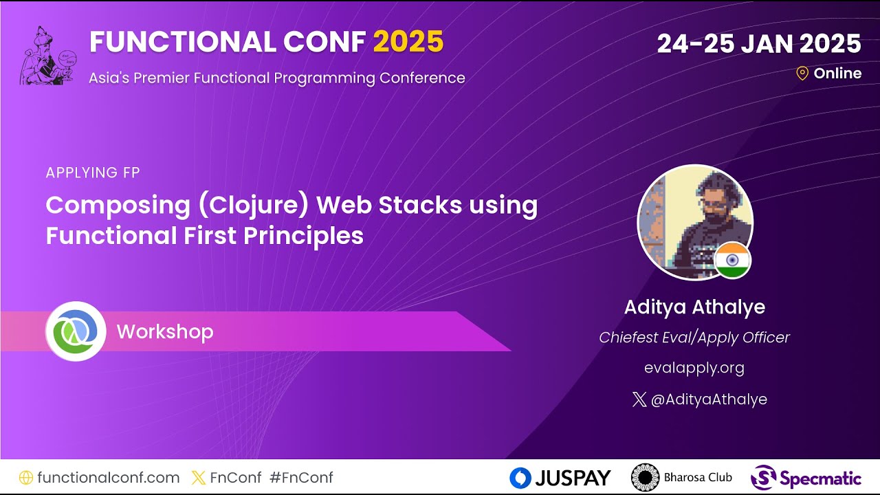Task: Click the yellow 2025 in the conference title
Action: [x=408, y=43]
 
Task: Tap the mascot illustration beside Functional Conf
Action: [x=47, y=56]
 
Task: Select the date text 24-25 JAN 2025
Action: [x=758, y=44]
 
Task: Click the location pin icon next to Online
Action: [x=802, y=74]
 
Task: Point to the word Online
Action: [x=837, y=74]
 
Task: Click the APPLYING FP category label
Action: [x=93, y=173]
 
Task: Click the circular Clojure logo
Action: [x=76, y=331]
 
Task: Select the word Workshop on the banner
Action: [x=165, y=332]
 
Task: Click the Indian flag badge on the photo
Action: [x=732, y=261]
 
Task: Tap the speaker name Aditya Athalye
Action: [x=694, y=307]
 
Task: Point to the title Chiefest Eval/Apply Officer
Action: [x=694, y=338]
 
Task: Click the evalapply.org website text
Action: [x=694, y=368]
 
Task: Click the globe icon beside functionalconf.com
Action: [x=26, y=478]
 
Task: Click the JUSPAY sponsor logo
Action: [x=560, y=478]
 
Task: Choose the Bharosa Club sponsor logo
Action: [x=682, y=478]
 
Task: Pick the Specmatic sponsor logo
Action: [x=806, y=478]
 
